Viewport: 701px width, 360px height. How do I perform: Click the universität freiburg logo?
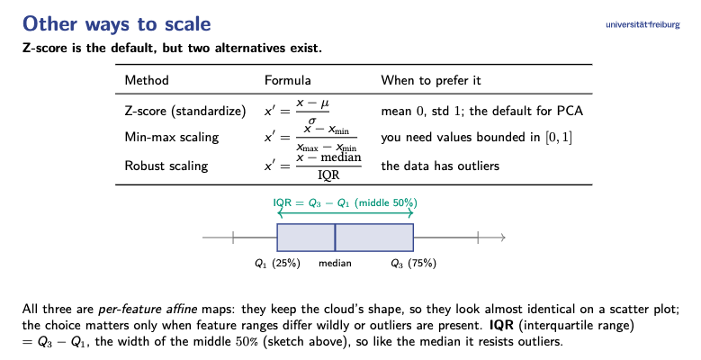point(643,24)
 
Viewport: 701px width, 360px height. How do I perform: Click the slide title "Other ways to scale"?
point(117,23)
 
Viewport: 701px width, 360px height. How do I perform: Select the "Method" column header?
point(147,80)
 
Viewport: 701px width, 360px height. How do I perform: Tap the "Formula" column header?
point(287,80)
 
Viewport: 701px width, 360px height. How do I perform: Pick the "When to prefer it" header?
point(431,80)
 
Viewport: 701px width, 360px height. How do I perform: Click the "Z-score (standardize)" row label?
point(185,111)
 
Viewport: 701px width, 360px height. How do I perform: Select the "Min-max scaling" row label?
point(172,137)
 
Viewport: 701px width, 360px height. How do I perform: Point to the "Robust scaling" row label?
point(166,166)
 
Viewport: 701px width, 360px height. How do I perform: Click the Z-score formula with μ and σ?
point(297,112)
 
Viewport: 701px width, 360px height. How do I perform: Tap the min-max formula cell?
point(310,138)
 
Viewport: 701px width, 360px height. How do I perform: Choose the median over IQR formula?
point(313,166)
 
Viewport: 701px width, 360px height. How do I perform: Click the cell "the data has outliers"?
point(440,166)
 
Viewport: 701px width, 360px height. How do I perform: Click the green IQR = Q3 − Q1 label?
point(346,203)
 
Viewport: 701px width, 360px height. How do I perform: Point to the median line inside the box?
point(335,238)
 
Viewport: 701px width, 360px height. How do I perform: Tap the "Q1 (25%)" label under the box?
point(277,264)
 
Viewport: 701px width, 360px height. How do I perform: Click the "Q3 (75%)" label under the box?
point(414,264)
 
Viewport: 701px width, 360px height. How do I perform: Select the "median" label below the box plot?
point(335,264)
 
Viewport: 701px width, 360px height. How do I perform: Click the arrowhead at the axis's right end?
point(502,238)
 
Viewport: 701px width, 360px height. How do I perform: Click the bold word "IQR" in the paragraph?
point(502,325)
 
